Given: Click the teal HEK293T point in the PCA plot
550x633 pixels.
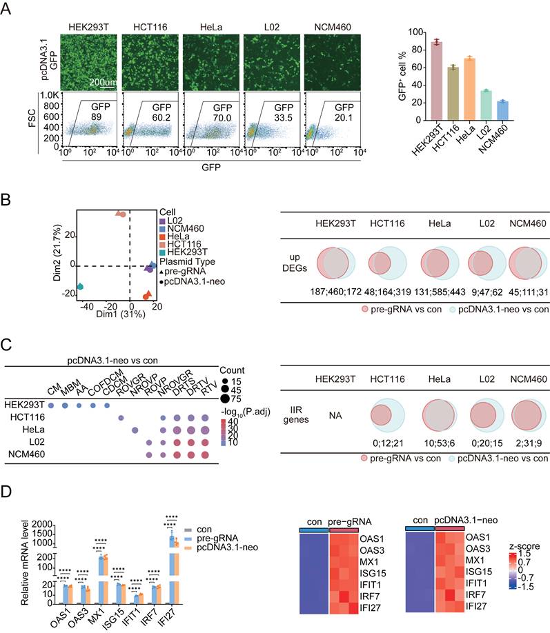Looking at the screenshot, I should pos(80,286).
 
